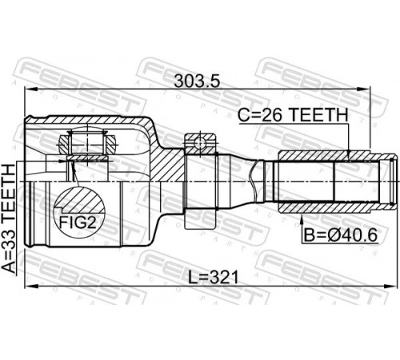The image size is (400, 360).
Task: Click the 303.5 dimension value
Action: point(197,81)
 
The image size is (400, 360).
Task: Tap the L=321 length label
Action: point(213,278)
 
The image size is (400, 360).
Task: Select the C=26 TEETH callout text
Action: point(293,115)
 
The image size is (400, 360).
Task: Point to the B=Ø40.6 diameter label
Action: point(341,235)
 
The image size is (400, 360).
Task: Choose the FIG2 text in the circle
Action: point(78,222)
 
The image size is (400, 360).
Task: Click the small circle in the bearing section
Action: point(200,143)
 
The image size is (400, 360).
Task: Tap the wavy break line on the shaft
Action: point(254,182)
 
